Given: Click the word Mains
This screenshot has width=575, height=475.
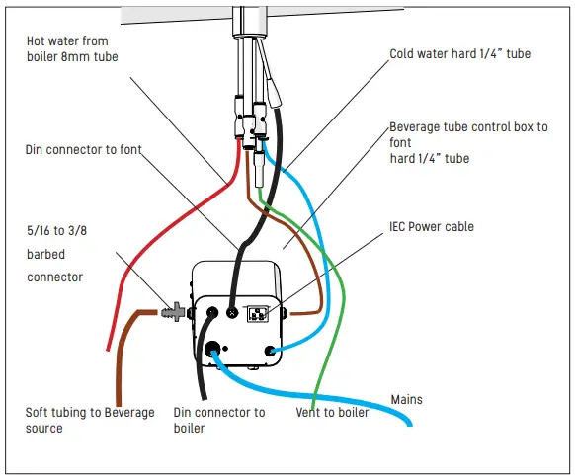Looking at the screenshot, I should click(x=406, y=399).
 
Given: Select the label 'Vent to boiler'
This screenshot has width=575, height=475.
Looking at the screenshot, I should click(x=332, y=412).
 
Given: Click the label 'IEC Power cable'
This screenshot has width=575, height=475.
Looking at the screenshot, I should click(x=432, y=227).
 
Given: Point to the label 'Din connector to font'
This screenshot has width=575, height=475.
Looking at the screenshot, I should click(x=84, y=150).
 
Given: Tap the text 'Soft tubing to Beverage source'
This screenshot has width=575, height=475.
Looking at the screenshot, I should click(x=90, y=420).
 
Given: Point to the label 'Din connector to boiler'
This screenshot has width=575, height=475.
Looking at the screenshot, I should click(x=218, y=420).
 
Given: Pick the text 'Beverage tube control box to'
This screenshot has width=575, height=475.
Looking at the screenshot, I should click(x=468, y=127).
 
